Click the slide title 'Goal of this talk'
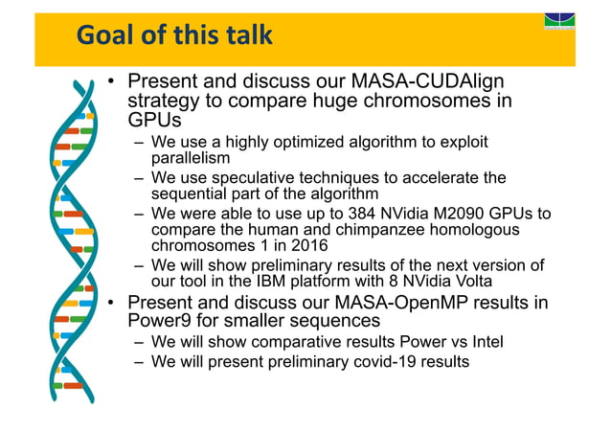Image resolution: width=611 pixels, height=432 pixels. pos(174,36)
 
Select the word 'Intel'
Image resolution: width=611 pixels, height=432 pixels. pos(482,342)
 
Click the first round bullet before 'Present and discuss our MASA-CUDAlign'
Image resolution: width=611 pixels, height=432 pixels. pos(112,83)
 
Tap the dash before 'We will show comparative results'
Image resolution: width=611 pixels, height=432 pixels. pos(140,342)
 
